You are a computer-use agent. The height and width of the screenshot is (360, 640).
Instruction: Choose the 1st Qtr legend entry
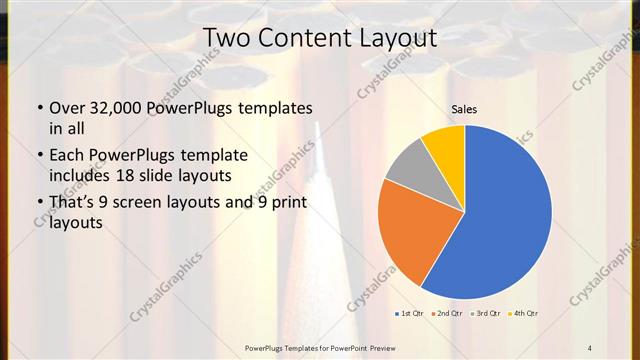coord(407,313)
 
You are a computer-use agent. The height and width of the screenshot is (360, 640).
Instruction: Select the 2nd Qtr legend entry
coord(445,313)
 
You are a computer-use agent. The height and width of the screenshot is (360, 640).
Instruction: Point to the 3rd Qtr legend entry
coord(485,313)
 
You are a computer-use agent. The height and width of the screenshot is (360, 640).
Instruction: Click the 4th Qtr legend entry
coord(523,313)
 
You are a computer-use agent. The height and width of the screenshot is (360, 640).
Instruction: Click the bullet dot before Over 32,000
coord(38,108)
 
